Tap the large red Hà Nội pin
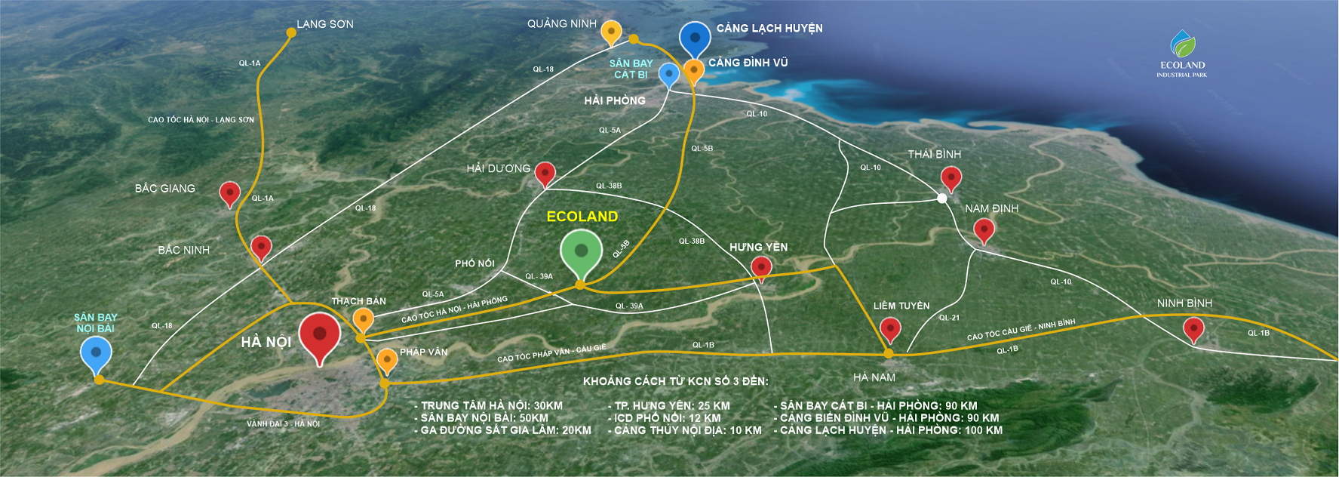point(320,334)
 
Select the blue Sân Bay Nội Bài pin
point(96,352)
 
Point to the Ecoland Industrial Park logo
point(1182,54)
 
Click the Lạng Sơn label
point(324,24)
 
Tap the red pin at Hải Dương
point(545,173)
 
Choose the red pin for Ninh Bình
point(1193,328)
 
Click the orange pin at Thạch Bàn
point(364,319)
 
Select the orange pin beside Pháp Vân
point(387,359)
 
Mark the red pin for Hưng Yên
point(762,266)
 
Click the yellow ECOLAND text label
point(582,217)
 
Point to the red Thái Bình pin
point(951,179)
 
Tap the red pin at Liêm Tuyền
point(891,328)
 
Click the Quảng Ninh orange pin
point(612,32)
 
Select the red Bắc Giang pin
point(229,192)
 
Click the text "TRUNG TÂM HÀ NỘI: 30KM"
point(491,406)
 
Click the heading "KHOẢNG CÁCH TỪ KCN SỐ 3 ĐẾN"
point(675,381)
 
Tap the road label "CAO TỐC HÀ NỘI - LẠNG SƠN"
point(201,120)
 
